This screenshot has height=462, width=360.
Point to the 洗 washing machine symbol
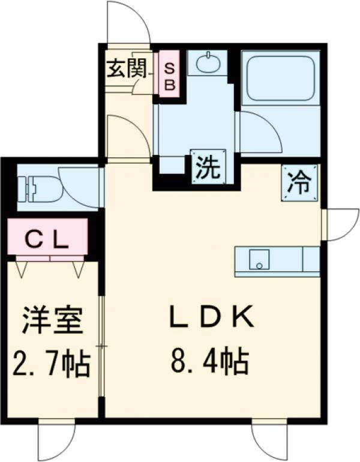click(208, 166)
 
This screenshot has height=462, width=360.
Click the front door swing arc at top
click(128, 23)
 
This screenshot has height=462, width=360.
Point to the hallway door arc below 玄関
click(127, 135)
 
